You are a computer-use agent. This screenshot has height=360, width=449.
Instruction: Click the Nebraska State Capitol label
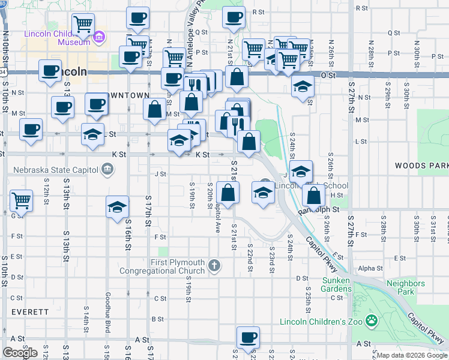tap(52, 170)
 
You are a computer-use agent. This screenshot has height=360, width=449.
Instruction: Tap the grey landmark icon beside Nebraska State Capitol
tap(107, 170)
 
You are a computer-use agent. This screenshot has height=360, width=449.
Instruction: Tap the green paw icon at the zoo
tap(372, 321)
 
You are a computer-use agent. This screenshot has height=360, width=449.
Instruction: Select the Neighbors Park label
tap(405, 287)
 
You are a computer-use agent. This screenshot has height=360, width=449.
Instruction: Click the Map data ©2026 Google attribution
tap(412, 355)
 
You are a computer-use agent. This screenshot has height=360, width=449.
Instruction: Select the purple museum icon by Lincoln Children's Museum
tap(99, 40)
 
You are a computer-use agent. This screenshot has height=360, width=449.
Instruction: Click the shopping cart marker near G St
tap(21, 200)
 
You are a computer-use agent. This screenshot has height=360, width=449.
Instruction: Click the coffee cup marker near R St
tap(234, 17)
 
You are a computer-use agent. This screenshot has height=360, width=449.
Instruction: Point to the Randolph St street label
tap(319, 210)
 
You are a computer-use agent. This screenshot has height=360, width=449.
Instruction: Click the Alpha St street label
tap(370, 268)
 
